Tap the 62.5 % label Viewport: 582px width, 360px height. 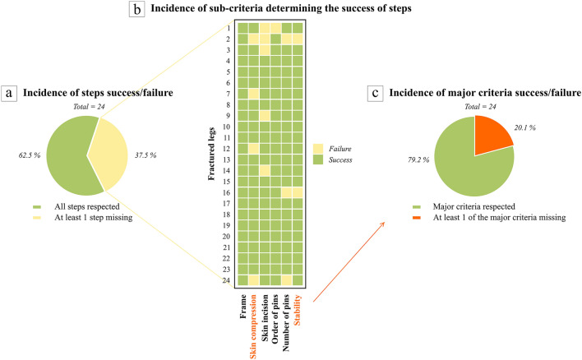point(24,152)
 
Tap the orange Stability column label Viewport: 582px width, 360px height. point(298,316)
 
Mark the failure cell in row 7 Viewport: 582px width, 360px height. point(254,93)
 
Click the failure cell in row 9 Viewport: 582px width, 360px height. point(265,115)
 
